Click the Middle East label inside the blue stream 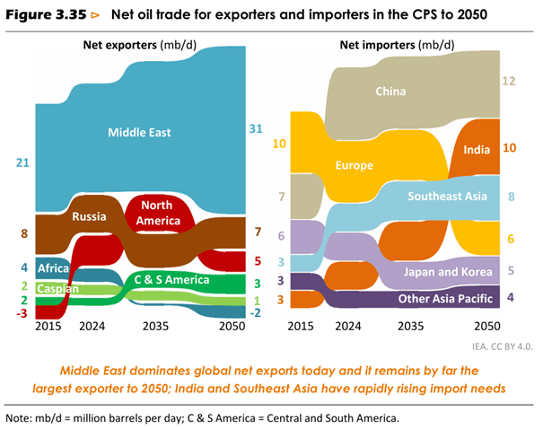tap(139, 133)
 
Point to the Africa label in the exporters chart tap(52, 267)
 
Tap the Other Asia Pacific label tap(440, 298)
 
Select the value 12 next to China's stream tap(509, 82)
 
